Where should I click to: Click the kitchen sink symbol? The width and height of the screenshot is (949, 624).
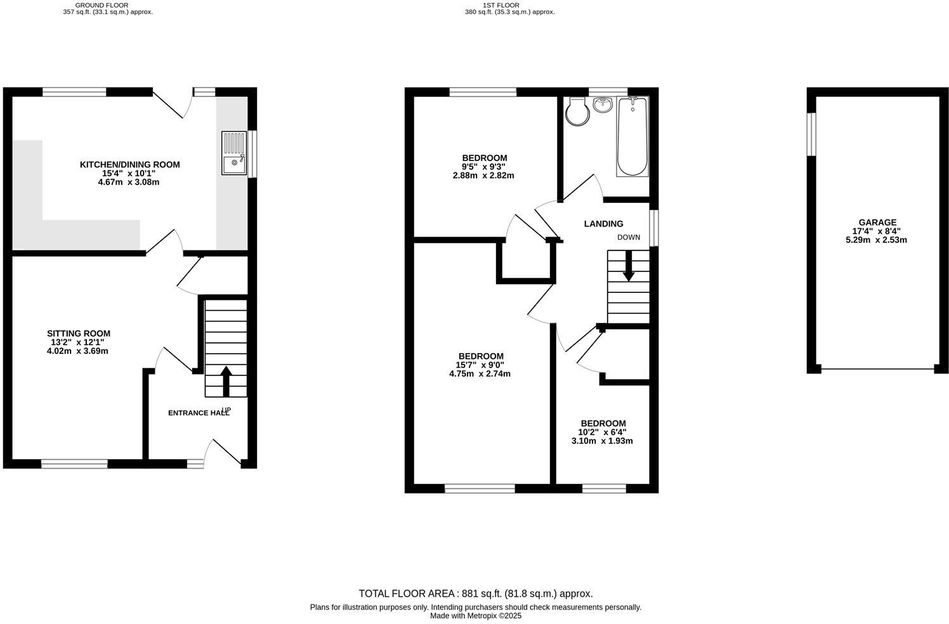(x=234, y=153)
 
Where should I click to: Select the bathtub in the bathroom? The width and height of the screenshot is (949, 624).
(x=632, y=136)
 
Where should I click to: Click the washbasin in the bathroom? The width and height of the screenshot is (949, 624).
(x=603, y=105)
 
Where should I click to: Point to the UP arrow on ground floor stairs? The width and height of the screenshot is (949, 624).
(x=225, y=379)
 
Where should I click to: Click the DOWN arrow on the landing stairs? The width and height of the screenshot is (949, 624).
(x=629, y=266)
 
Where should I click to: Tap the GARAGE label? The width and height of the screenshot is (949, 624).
(x=877, y=222)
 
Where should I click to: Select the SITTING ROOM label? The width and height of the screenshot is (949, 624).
(x=79, y=334)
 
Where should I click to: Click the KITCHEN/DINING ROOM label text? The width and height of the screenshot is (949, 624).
(x=129, y=164)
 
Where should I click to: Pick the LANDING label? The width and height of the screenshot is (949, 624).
(x=603, y=223)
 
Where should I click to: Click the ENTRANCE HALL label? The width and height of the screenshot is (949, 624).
(x=198, y=413)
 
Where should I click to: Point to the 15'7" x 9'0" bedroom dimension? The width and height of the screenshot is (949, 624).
(x=480, y=365)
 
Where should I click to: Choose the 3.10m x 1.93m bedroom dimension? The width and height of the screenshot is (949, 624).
(x=602, y=441)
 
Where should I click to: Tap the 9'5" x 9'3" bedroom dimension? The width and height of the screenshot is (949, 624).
(x=483, y=167)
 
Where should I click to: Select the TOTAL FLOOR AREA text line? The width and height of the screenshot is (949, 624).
(x=475, y=594)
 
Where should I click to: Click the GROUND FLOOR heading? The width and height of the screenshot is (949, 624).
(x=101, y=5)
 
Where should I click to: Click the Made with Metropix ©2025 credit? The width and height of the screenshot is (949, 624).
(x=475, y=615)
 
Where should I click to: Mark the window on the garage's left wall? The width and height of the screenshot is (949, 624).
(x=811, y=134)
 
